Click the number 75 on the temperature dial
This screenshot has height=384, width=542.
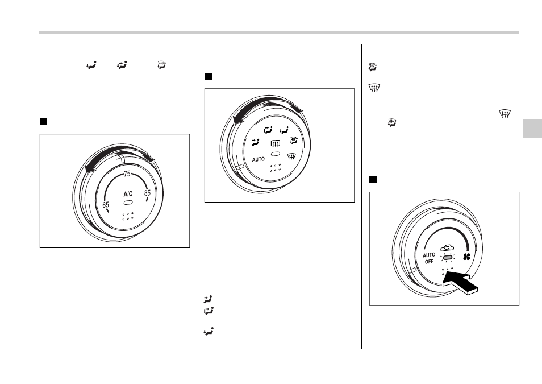click(x=127, y=174)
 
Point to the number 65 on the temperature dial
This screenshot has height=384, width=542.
click(x=106, y=205)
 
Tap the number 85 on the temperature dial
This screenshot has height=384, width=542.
click(x=148, y=193)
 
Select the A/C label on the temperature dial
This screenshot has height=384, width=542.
click(x=128, y=194)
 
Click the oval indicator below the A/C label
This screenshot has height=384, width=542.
click(x=128, y=202)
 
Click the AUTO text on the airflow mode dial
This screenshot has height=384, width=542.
click(x=258, y=159)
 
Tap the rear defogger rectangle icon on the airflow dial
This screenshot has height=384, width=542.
click(x=276, y=143)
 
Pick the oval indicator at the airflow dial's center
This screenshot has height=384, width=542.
click(x=276, y=154)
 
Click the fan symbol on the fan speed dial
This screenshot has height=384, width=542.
click(x=466, y=257)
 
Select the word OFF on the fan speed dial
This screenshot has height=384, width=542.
click(x=429, y=262)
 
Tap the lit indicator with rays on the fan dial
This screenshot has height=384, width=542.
click(x=448, y=257)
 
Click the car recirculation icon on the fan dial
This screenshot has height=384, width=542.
click(x=447, y=248)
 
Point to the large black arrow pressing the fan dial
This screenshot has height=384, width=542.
click(x=460, y=282)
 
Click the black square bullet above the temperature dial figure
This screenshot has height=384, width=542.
click(x=43, y=122)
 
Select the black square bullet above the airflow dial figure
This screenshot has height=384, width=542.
click(x=208, y=76)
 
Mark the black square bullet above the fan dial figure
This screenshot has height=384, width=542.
click(x=373, y=179)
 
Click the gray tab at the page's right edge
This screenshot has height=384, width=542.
click(x=532, y=128)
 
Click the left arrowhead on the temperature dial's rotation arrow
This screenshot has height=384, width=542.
click(x=90, y=168)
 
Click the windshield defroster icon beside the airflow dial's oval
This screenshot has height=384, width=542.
click(x=292, y=156)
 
